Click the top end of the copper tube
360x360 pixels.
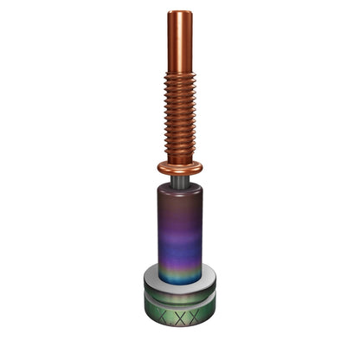(x=180, y=12)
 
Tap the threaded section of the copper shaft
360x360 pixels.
(x=180, y=112)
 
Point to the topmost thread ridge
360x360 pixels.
(x=180, y=75)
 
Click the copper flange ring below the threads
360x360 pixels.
(x=180, y=168)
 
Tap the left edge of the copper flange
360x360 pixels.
(x=159, y=167)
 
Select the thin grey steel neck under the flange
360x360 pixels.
(x=180, y=182)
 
